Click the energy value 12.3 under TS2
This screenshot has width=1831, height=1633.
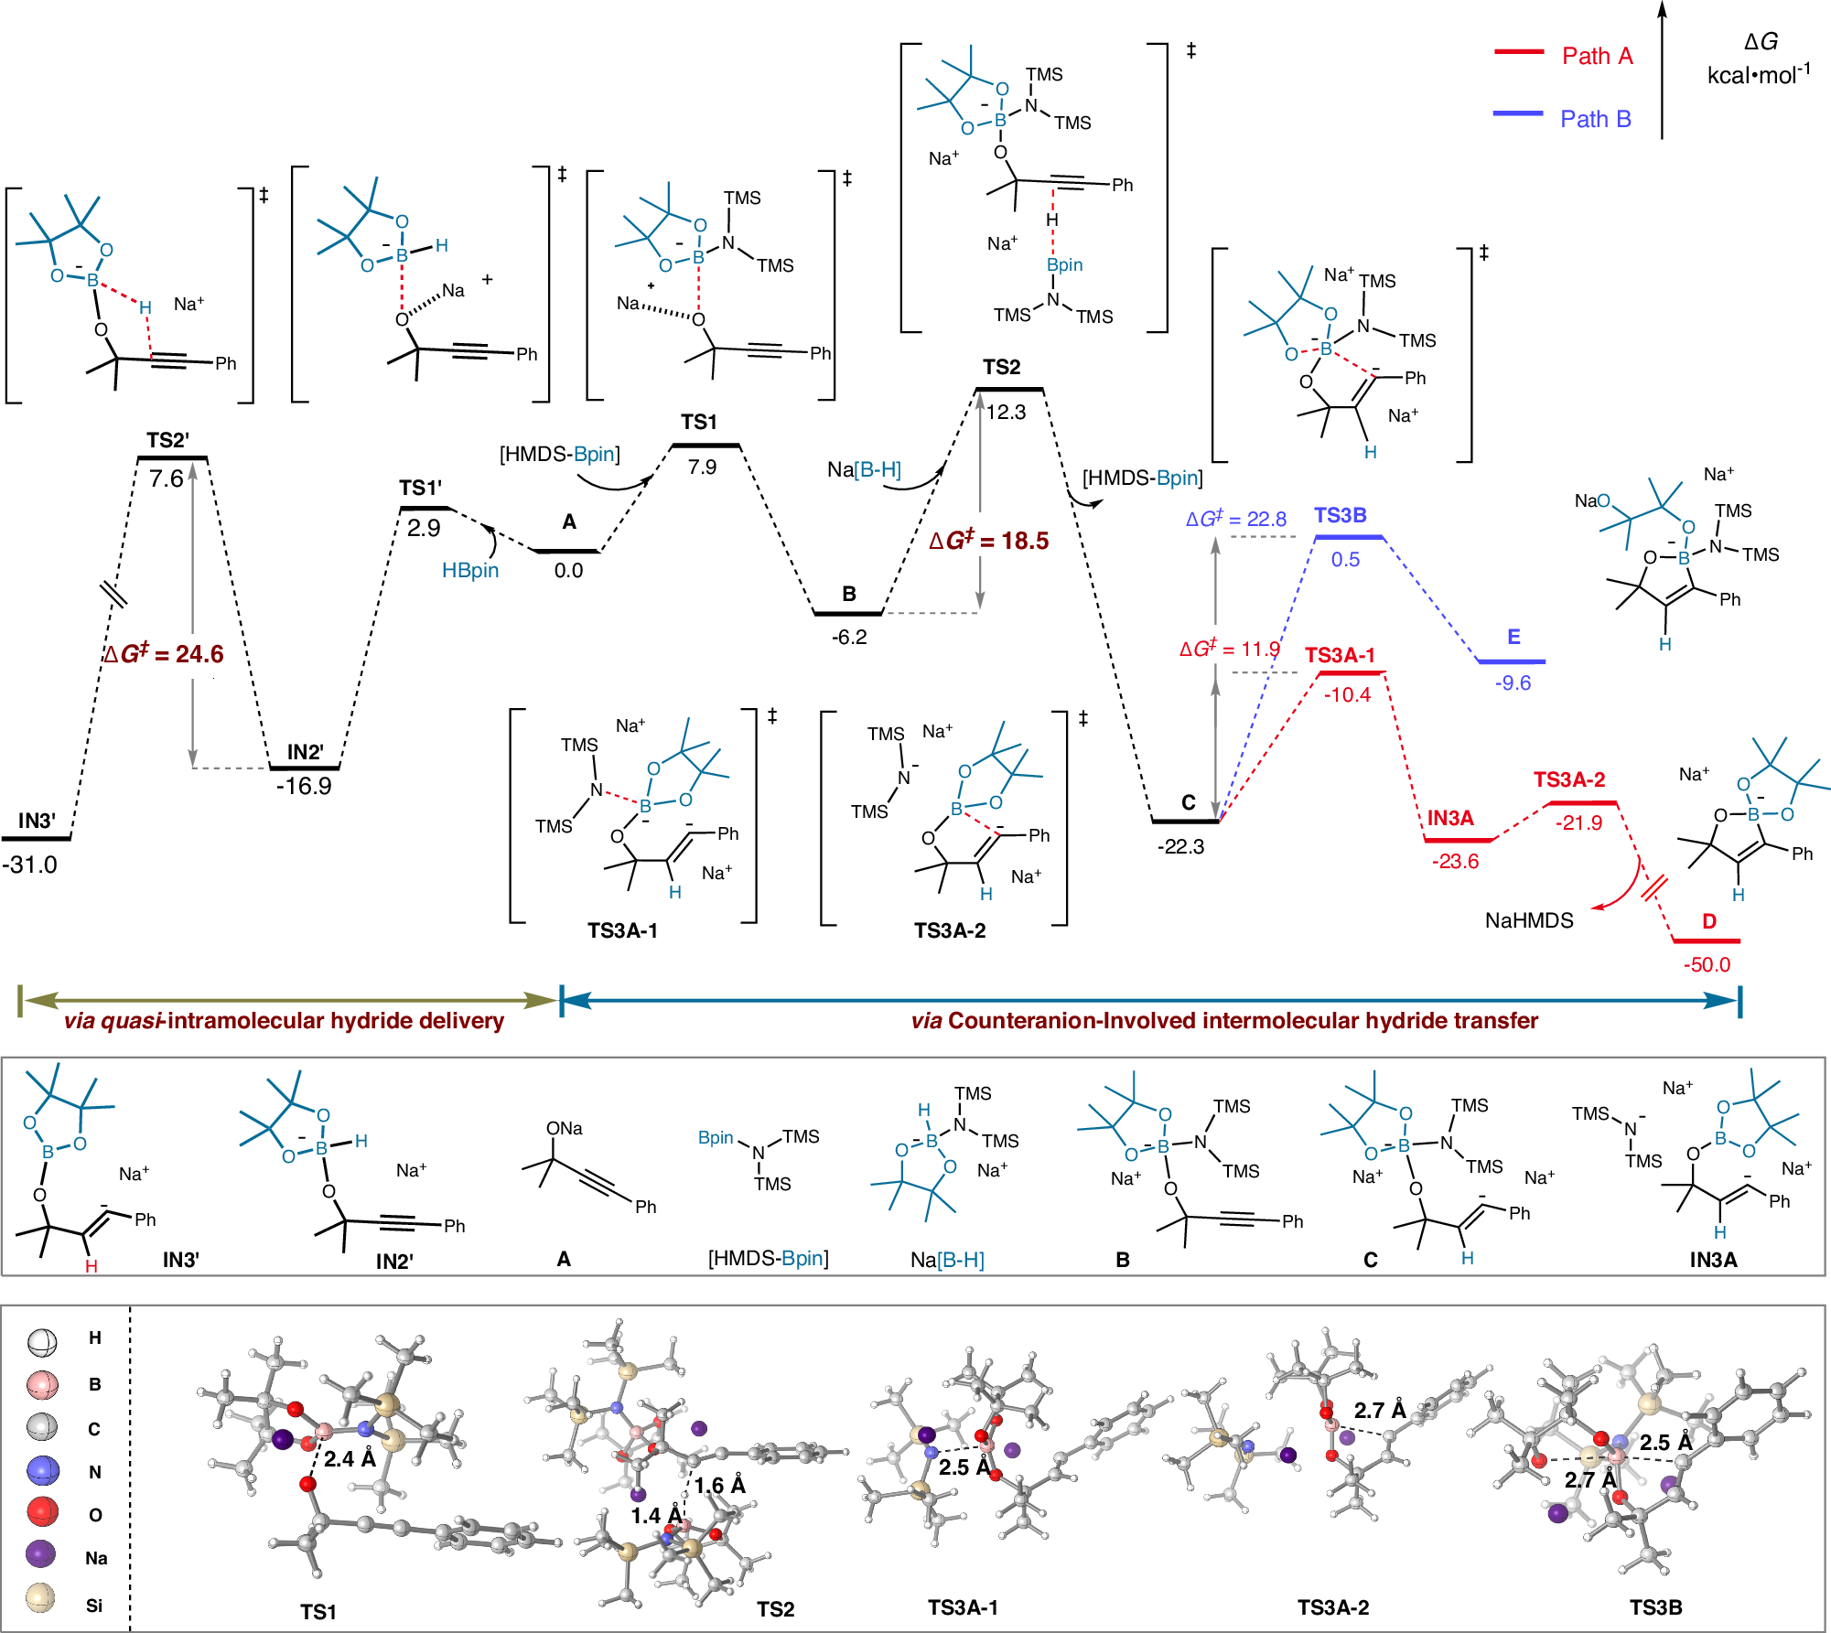tap(1007, 413)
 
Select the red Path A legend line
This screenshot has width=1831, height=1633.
tap(1518, 52)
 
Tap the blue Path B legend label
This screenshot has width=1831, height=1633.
tap(1595, 119)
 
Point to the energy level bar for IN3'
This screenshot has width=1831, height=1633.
tap(37, 838)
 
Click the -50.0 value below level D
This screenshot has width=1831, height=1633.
tap(1707, 964)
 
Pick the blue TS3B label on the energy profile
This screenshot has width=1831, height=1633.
tap(1340, 515)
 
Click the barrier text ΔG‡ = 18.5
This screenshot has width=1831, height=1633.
tap(988, 541)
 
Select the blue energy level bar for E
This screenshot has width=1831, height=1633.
tap(1512, 661)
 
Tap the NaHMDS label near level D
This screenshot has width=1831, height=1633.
tap(1529, 920)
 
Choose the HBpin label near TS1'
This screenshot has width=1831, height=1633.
tap(470, 570)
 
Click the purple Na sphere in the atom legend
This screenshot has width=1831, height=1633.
tap(41, 1553)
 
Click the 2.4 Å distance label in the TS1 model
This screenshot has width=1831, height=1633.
tap(350, 1458)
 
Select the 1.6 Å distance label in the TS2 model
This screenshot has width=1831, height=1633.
tap(720, 1485)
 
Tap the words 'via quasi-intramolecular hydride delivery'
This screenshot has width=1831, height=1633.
tap(284, 1021)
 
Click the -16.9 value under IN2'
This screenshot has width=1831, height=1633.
tap(304, 787)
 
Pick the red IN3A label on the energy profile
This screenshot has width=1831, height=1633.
tap(1449, 818)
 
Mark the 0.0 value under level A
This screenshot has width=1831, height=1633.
tap(568, 571)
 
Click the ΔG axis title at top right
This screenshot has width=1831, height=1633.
tap(1760, 42)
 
